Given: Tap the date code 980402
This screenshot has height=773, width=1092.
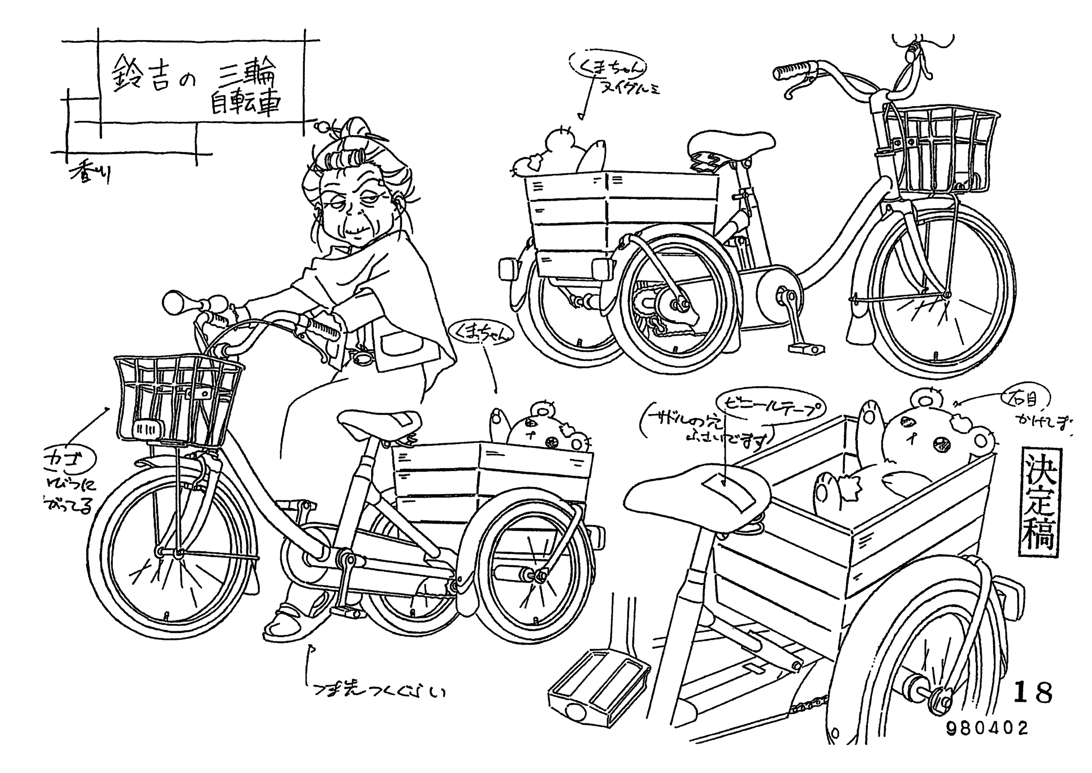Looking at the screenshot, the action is pos(987,728).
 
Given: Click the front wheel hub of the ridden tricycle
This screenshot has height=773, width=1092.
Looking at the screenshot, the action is pos(178,553).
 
